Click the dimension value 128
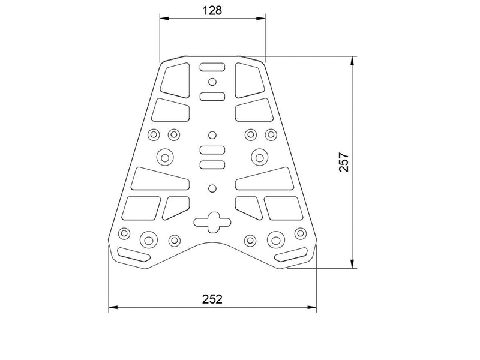pos(212,11)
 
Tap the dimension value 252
pos(212,299)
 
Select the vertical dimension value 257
pos(344,162)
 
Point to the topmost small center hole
pos(212,82)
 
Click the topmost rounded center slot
pos(212,67)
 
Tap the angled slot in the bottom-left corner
pos(134,254)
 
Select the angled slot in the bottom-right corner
pos(291,254)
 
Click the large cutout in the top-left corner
pos(175,80)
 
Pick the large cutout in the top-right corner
pos(250,80)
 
